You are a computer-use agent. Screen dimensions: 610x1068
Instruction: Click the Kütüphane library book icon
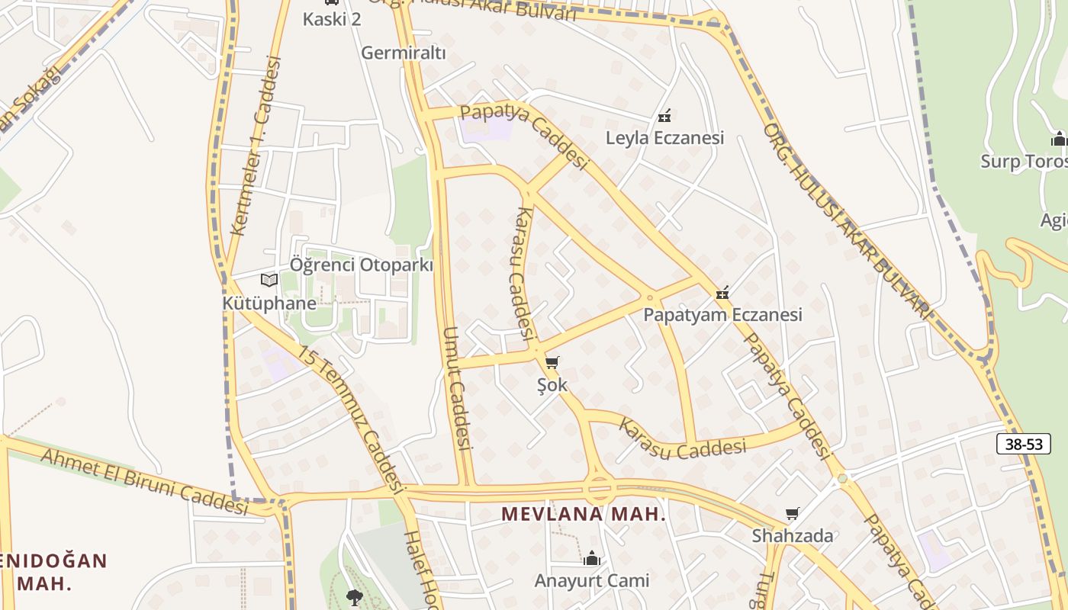click(x=269, y=280)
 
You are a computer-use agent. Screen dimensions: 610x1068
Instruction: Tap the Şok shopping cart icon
click(x=552, y=362)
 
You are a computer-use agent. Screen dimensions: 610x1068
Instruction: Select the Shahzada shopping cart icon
click(x=793, y=514)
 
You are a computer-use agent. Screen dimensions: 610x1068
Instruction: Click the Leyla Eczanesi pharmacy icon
click(x=664, y=116)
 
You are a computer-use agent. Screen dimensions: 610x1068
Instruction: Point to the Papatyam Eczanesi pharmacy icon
click(x=722, y=292)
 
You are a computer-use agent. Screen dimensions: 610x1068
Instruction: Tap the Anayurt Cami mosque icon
click(x=591, y=559)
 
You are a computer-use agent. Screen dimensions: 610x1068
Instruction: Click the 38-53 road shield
click(x=1023, y=444)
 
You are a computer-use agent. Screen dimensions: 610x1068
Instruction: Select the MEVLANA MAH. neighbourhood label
click(x=584, y=515)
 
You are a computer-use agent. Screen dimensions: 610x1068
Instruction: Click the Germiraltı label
click(x=403, y=53)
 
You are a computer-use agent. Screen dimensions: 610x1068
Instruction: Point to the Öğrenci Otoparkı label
click(x=361, y=265)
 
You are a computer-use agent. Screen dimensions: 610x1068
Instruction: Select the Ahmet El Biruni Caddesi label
click(x=144, y=479)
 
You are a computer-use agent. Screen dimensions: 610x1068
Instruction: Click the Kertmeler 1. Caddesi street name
click(x=256, y=145)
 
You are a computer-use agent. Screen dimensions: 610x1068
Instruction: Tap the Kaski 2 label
click(x=332, y=19)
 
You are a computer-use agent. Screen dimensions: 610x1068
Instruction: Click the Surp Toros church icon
click(x=1059, y=140)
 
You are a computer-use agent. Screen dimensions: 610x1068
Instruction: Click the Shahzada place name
click(x=793, y=536)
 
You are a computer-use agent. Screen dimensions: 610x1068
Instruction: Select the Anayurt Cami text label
click(x=591, y=581)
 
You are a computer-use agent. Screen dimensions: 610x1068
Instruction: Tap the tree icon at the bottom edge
click(x=354, y=596)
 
